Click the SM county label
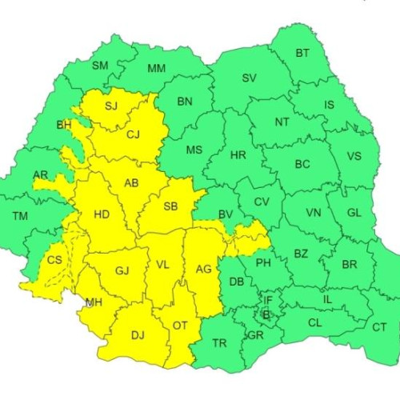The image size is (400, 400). click(x=100, y=66)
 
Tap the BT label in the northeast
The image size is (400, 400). click(x=302, y=54)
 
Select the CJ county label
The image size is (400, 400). click(x=133, y=134)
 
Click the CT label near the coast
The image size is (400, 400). click(x=379, y=326)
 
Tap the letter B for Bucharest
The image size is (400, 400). click(x=266, y=314)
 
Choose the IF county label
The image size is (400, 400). click(x=268, y=300)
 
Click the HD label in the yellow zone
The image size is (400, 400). click(x=102, y=214)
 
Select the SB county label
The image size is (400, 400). click(x=170, y=206)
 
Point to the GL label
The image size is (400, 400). click(x=356, y=214)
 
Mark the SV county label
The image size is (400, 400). click(x=249, y=78)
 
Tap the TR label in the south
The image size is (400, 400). click(x=219, y=343)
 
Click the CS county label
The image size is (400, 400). click(x=54, y=260)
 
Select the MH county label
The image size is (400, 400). click(x=93, y=302)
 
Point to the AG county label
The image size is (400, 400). click(x=204, y=269)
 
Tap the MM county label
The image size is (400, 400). click(x=157, y=68)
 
